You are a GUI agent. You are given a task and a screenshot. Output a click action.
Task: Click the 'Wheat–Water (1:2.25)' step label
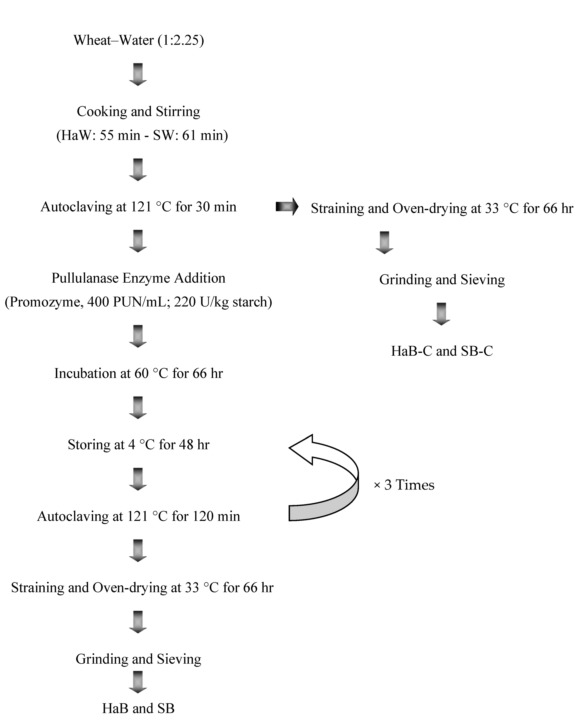tap(139, 40)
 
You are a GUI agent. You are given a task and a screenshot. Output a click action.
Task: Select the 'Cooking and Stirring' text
tap(138, 111)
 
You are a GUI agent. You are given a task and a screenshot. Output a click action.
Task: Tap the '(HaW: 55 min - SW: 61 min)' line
tap(142, 135)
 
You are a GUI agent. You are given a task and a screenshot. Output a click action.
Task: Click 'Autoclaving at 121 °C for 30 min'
tap(138, 207)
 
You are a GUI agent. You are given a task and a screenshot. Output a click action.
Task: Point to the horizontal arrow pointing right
tap(287, 207)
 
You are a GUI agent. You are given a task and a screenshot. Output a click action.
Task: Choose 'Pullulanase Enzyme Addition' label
tap(138, 278)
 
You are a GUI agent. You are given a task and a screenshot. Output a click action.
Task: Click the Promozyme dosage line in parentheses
tap(138, 302)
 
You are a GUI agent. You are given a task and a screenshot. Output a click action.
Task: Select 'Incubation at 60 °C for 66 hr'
tap(138, 373)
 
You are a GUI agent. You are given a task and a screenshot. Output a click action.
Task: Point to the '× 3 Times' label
tap(404, 485)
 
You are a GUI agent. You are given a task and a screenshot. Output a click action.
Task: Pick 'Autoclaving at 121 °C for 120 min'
tap(138, 516)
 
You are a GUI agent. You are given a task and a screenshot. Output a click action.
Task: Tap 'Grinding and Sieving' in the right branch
tap(442, 279)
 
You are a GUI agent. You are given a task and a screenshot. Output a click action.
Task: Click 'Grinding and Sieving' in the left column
tap(138, 659)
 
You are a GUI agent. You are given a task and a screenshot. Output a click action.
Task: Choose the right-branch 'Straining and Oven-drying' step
tap(442, 208)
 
